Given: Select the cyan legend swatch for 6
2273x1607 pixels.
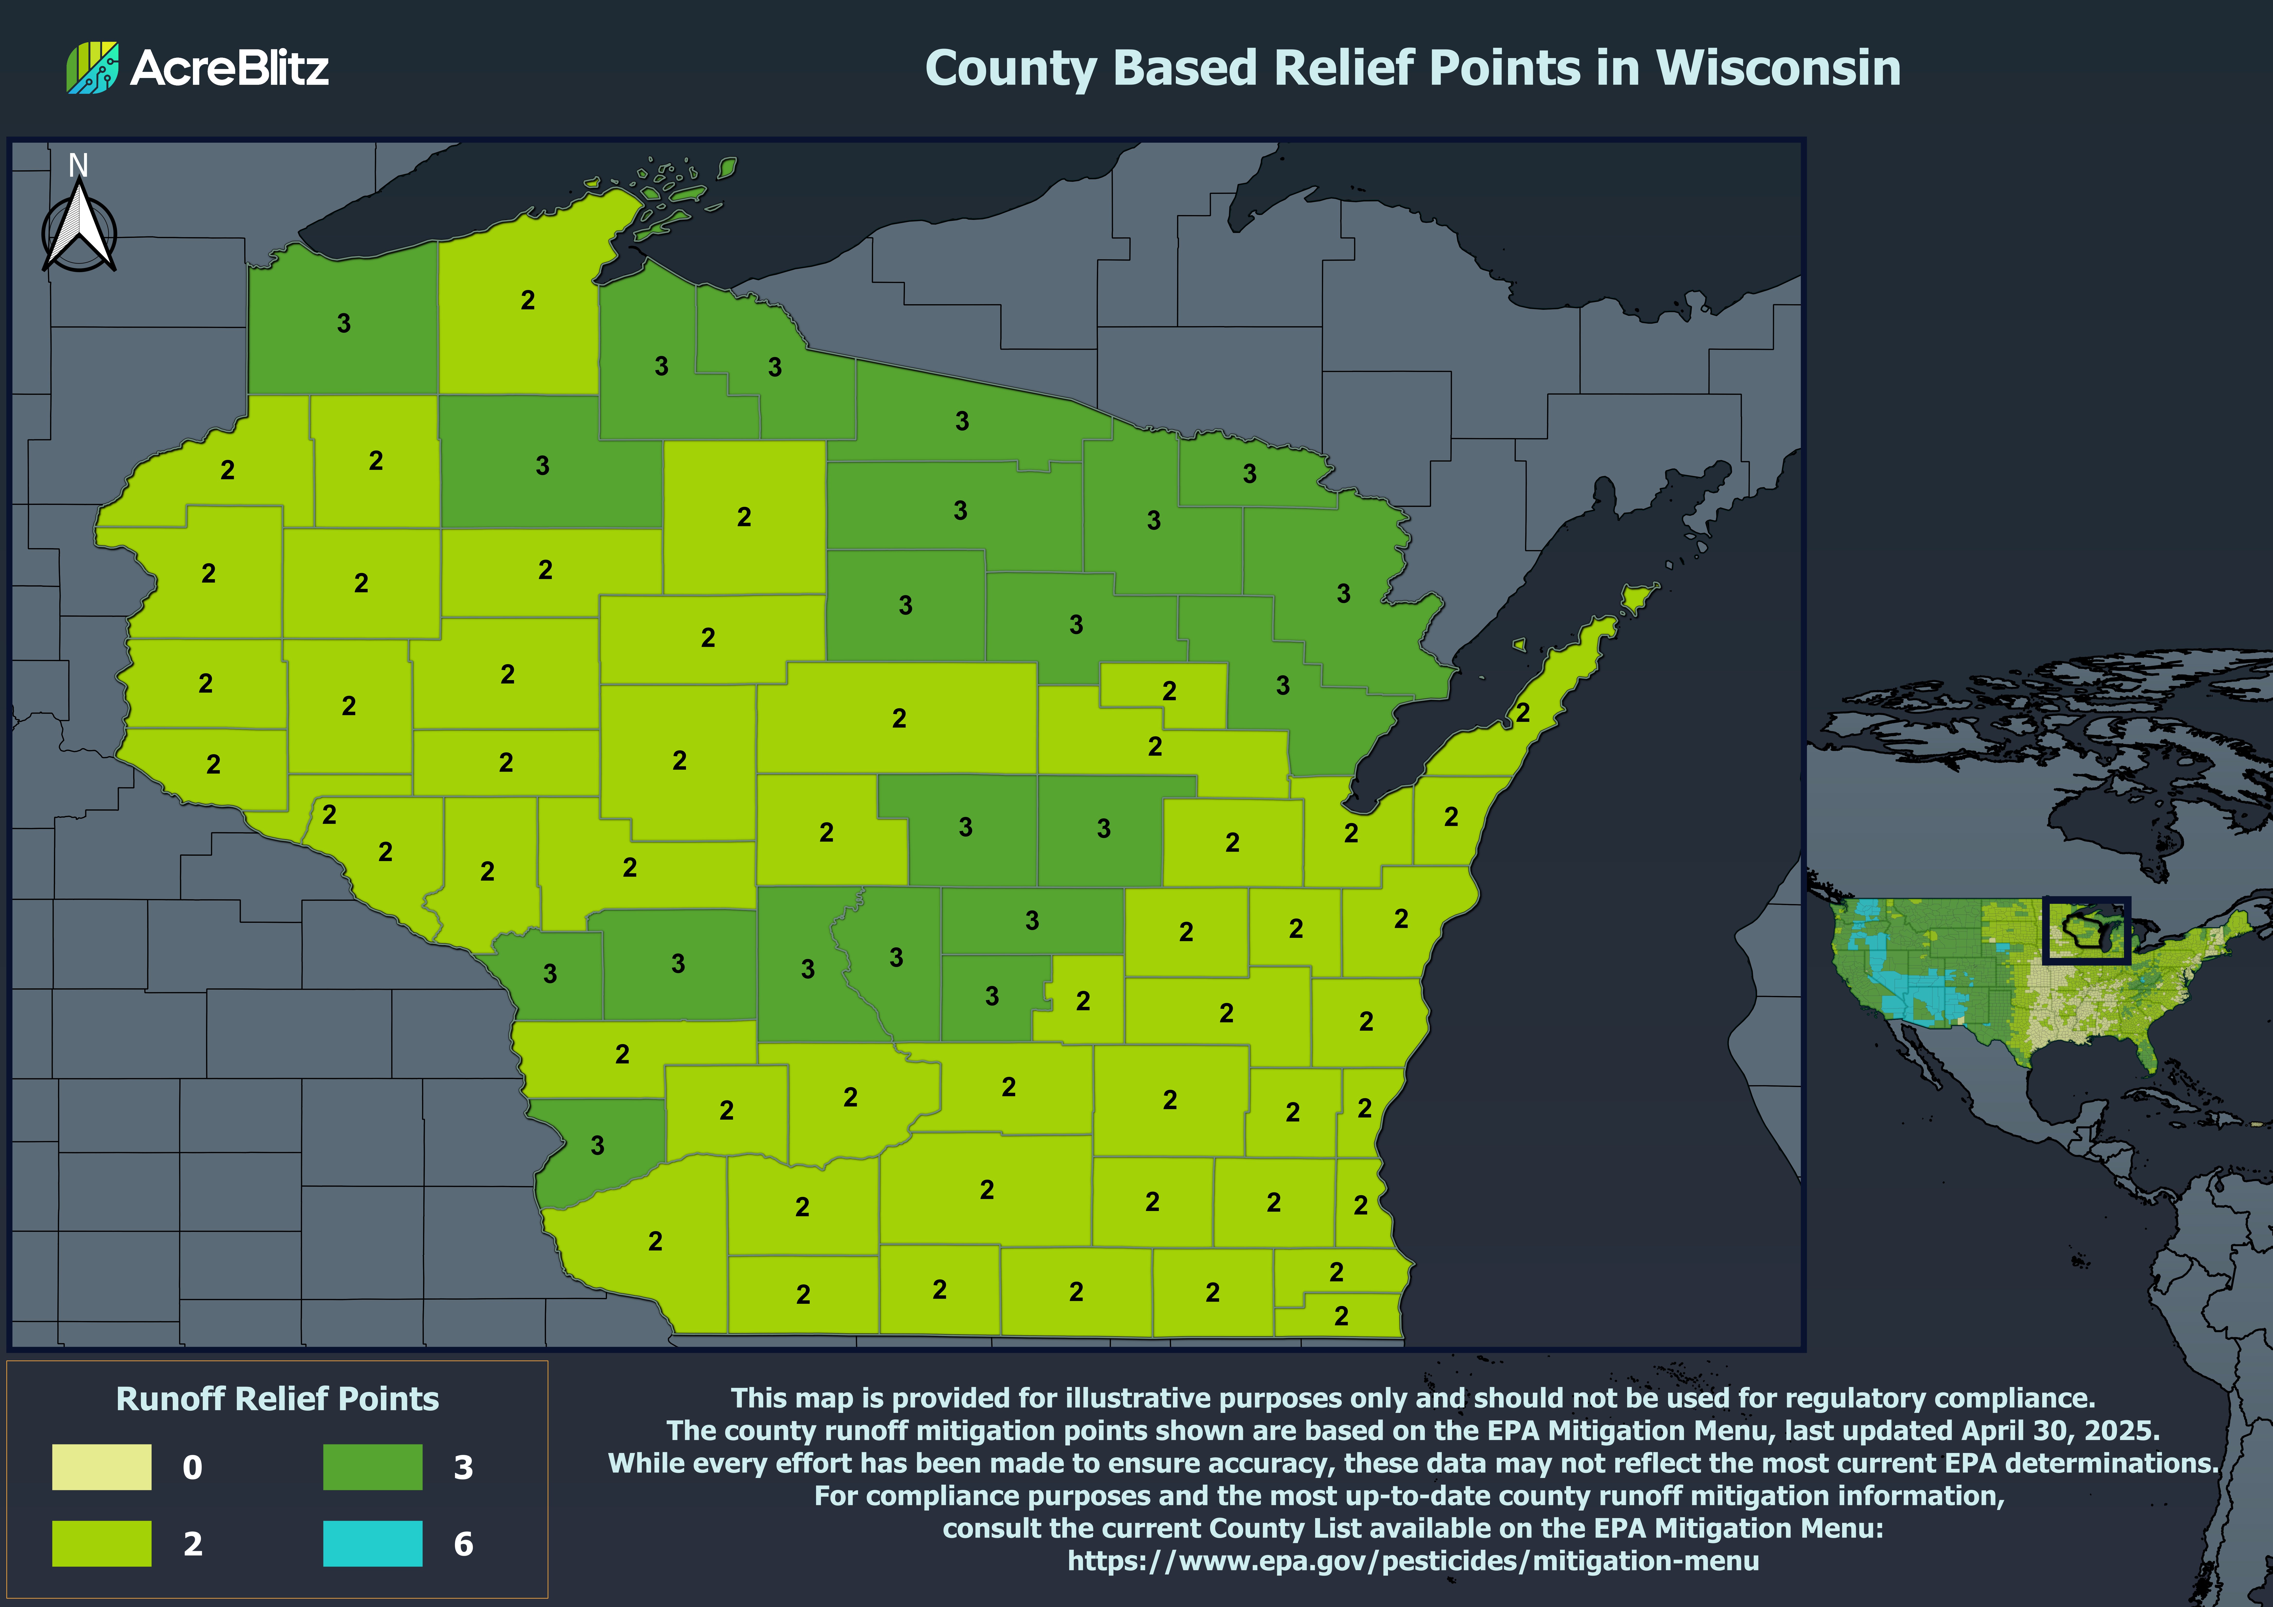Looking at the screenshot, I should (x=372, y=1543).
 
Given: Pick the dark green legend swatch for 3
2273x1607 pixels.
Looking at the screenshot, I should (x=372, y=1466).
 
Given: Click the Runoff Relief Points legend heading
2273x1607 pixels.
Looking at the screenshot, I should (x=277, y=1398).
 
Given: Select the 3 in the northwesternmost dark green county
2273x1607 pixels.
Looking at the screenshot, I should (x=344, y=324).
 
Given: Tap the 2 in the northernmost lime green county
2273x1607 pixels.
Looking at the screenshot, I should (x=528, y=300).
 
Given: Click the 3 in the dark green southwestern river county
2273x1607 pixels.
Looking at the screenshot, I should (x=597, y=1146).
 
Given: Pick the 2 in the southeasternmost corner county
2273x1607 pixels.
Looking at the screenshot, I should (x=1340, y=1316).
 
